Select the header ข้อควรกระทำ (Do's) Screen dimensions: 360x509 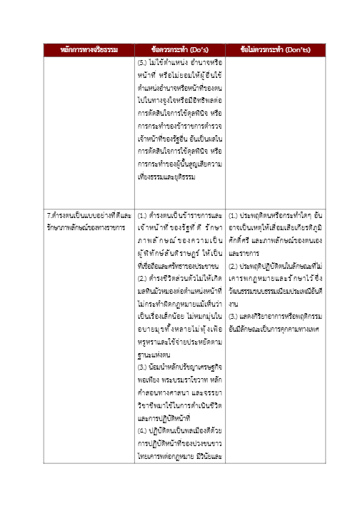[180, 49]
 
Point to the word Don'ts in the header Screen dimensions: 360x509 [296, 49]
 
